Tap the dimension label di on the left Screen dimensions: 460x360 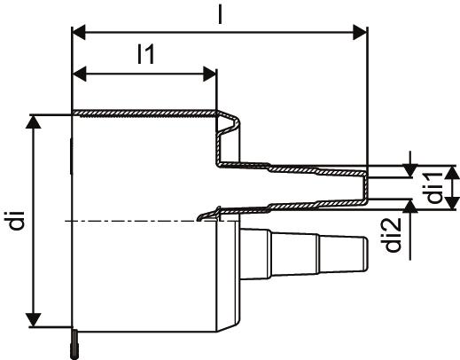pos(16,220)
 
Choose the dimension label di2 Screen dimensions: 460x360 pos(394,235)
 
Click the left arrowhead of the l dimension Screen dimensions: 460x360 pos(79,32)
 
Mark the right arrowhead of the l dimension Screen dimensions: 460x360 pos(360,32)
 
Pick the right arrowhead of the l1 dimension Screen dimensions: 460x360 pos(210,74)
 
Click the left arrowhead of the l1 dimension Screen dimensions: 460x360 pos(79,74)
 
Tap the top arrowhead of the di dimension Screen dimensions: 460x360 pos(33,121)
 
